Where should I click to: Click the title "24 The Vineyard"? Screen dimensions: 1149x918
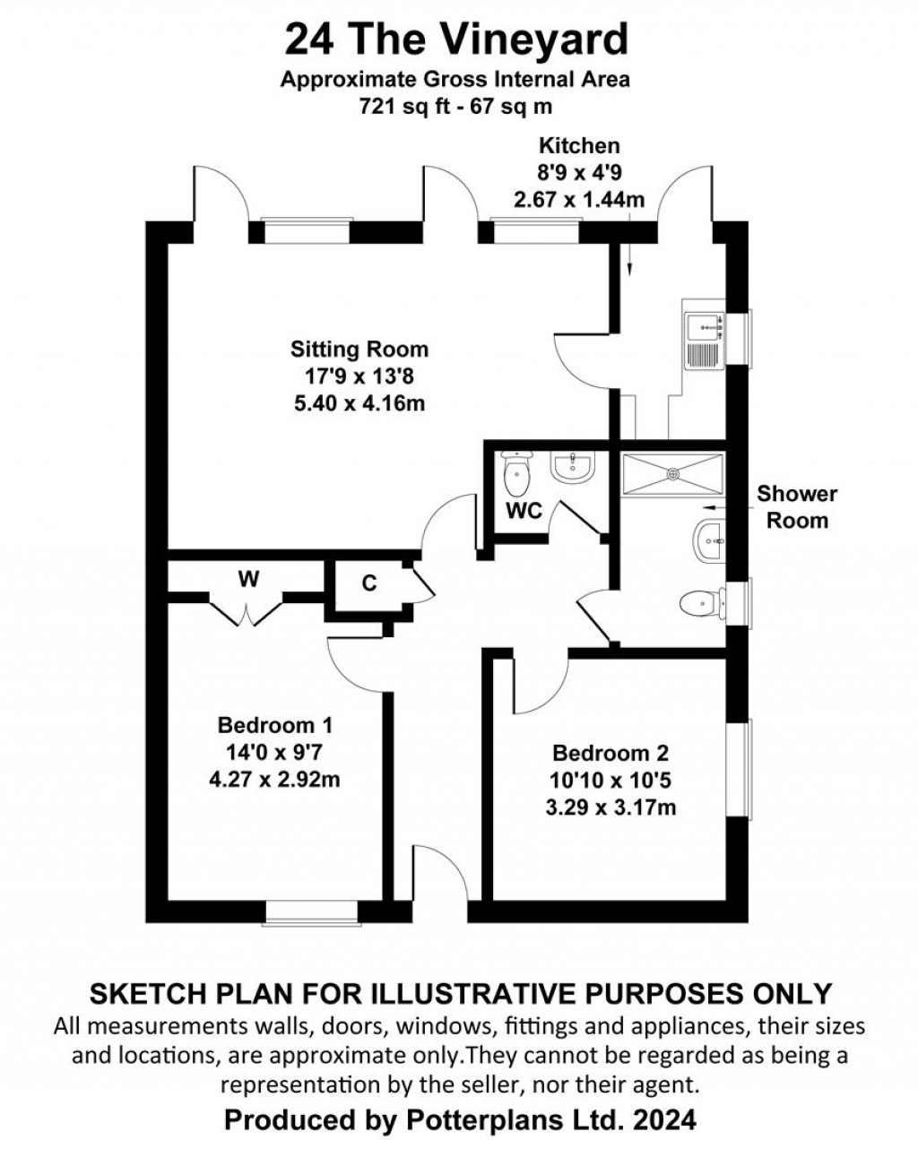point(456,40)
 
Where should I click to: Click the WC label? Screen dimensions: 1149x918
point(524,511)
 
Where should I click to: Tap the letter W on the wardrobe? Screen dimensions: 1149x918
point(248,580)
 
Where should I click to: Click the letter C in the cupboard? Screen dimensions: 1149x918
point(369,583)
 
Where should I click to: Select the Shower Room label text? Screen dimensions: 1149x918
point(796,506)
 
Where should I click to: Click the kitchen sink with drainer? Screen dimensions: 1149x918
point(703,341)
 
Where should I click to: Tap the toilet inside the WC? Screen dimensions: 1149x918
point(517,475)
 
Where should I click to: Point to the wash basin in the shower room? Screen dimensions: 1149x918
point(709,540)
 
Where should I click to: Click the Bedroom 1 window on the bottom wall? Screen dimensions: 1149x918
point(311,911)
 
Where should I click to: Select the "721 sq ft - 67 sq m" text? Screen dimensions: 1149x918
point(455,106)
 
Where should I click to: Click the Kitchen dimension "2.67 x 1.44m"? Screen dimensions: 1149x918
point(578,199)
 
